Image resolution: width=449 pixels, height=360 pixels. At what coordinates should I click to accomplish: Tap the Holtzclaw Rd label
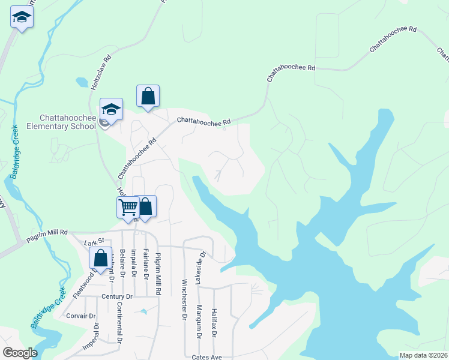[101, 73]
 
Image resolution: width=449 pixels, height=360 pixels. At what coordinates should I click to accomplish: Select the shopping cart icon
[128, 208]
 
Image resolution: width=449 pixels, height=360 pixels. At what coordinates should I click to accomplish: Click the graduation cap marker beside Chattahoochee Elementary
[111, 109]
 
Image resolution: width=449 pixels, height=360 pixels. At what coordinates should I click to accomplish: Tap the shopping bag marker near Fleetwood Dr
[101, 259]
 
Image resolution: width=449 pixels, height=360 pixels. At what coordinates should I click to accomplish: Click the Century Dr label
[116, 296]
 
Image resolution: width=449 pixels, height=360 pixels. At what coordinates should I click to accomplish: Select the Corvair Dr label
[81, 316]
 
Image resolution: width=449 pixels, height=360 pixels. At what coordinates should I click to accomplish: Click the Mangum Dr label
[199, 323]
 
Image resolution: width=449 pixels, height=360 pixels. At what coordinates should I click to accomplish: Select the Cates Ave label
[207, 357]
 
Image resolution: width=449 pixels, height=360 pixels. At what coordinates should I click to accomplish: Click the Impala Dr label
[133, 264]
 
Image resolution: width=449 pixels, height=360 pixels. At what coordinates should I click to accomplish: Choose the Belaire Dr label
[122, 264]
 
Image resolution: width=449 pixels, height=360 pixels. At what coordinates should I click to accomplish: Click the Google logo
[20, 353]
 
